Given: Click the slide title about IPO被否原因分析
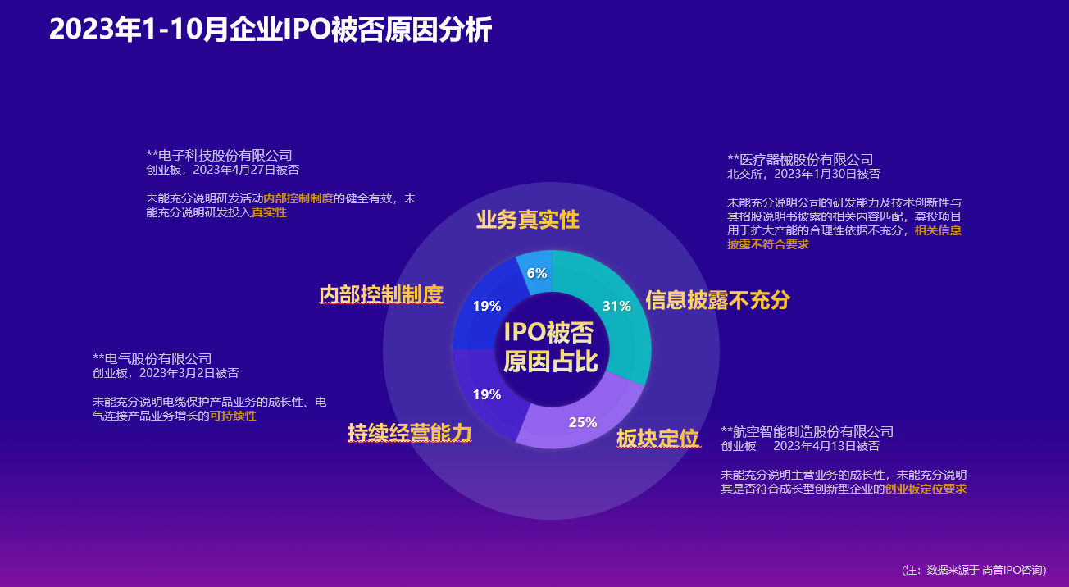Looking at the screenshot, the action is [x=271, y=30].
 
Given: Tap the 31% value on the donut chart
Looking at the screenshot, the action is [x=616, y=306].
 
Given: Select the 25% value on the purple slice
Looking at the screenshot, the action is [x=583, y=422].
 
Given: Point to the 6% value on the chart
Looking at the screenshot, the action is [x=537, y=274].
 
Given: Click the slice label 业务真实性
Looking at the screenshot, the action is [x=528, y=220].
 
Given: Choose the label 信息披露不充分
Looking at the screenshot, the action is [x=718, y=300].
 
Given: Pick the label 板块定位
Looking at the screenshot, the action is [x=657, y=438].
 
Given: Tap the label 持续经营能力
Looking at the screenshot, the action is [x=409, y=434].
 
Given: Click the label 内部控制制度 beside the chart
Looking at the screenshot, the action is [x=381, y=294].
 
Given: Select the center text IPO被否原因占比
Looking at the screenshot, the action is [x=551, y=347].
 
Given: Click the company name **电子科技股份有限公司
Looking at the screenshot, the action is [x=219, y=156].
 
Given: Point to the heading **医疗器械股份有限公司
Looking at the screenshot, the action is [x=800, y=159].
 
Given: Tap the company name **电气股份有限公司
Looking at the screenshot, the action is [x=152, y=358].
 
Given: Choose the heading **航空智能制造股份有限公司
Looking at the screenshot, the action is [x=807, y=432].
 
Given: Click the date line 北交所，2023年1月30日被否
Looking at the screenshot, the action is [x=803, y=174].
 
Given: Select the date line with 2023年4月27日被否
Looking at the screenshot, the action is [x=222, y=170].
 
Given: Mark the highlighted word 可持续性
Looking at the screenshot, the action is [x=233, y=416].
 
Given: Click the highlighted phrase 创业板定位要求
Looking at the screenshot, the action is [x=926, y=489].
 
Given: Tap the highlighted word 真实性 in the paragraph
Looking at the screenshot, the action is [x=269, y=212].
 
